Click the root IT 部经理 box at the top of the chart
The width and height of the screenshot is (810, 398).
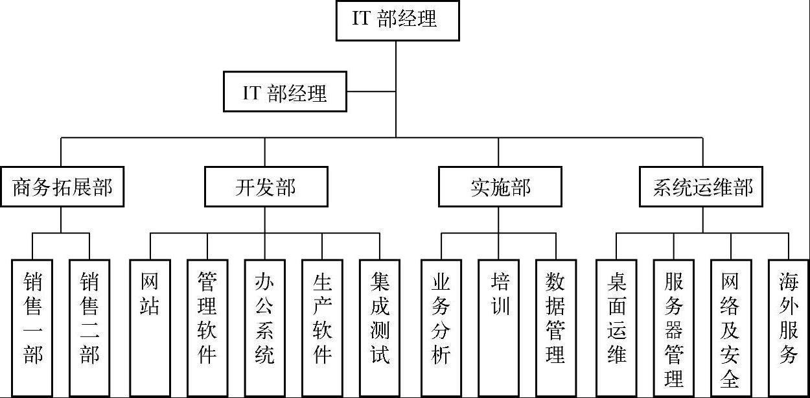(397, 20)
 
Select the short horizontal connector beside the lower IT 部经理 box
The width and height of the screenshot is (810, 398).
(371, 91)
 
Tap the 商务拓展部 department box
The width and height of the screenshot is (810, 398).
(62, 187)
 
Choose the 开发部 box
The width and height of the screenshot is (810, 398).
(264, 187)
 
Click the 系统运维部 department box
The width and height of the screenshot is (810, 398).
(702, 187)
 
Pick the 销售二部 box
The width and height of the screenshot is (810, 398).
(89, 327)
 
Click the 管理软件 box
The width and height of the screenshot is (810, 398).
(207, 327)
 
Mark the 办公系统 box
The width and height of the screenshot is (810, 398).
(264, 327)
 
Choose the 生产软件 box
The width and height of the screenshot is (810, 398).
(322, 327)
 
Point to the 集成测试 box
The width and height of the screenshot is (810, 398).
(380, 327)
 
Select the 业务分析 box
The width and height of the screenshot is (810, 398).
(441, 327)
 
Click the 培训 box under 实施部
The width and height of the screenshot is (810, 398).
(499, 327)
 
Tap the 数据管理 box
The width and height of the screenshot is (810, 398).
(556, 327)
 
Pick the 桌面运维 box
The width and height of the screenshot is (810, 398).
(616, 327)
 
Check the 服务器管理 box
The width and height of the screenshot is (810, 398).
(674, 327)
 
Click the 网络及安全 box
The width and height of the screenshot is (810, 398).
(731, 327)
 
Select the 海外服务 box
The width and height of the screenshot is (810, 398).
(789, 327)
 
